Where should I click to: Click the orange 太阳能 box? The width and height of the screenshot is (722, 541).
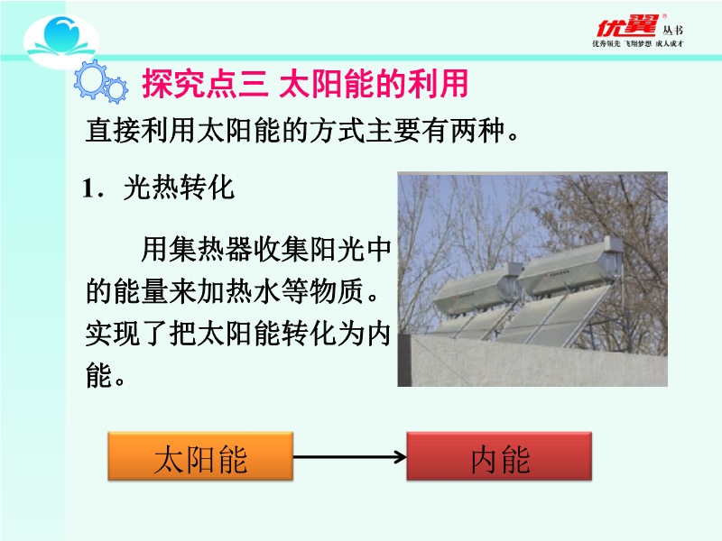(200, 456)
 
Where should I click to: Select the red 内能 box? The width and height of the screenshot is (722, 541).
(499, 456)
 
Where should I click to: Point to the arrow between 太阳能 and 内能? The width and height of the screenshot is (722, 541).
(350, 457)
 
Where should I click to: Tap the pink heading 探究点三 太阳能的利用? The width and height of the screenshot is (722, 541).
(305, 84)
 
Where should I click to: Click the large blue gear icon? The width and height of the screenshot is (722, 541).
(91, 79)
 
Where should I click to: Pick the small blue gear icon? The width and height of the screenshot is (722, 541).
(116, 89)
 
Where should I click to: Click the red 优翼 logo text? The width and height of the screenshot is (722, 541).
(627, 26)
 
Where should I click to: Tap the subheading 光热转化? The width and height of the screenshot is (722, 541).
(179, 188)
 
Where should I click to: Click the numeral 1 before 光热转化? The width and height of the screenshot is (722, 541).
(88, 188)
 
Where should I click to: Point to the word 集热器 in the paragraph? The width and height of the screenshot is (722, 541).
(211, 250)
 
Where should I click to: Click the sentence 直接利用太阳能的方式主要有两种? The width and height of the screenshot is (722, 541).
(302, 131)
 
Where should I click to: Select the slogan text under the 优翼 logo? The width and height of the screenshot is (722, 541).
(638, 43)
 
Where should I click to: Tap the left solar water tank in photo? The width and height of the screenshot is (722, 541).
(477, 289)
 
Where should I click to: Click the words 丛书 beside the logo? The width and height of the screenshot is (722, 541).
(672, 31)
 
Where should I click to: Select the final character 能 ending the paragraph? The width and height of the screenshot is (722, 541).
(99, 375)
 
